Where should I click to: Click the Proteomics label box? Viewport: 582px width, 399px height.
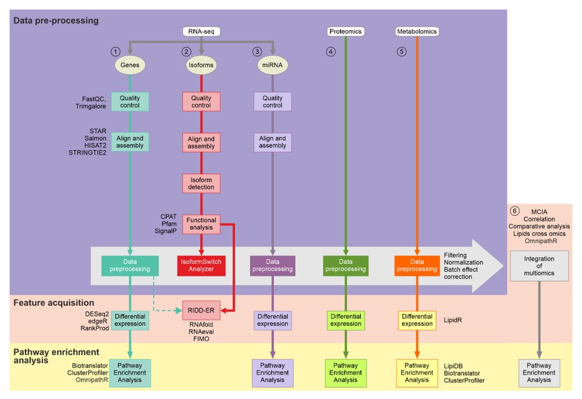pos(346,31)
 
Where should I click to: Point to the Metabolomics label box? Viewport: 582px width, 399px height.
pos(417,31)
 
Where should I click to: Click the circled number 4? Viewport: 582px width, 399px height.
pos(331,52)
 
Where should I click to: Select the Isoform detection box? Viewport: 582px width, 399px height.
pos(201,183)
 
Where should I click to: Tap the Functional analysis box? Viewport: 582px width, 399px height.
pos(201,224)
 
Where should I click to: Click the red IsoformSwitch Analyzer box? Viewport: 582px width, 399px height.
pos(201,265)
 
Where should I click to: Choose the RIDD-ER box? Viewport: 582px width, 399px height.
pos(200,311)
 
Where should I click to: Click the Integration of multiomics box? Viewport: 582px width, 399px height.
pos(539,266)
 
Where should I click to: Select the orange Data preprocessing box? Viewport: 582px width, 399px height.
pos(417,265)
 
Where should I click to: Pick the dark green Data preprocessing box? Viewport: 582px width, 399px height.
pos(346,265)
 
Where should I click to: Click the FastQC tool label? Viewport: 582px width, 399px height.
pos(94,99)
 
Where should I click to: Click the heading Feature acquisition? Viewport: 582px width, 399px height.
pos(54,302)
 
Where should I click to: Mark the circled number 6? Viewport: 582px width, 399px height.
pos(514,211)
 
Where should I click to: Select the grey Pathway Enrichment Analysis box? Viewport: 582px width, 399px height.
pos(539,373)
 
